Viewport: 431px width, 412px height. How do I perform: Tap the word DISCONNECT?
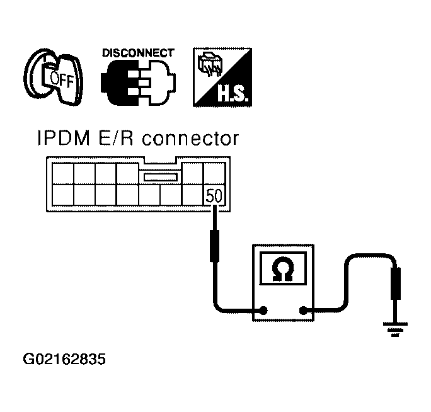click(138, 53)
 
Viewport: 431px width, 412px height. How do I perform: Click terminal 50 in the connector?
click(214, 195)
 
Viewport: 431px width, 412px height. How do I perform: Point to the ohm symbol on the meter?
click(283, 270)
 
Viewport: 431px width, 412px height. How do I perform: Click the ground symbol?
click(395, 329)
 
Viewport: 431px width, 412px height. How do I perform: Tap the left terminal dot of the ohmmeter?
click(263, 311)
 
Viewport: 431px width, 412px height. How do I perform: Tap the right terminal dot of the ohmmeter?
click(303, 311)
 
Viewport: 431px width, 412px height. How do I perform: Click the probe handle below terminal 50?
click(214, 246)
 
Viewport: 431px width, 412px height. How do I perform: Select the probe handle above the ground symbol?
click(396, 283)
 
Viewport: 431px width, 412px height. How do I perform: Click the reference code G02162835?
click(64, 359)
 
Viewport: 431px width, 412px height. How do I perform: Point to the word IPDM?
click(64, 138)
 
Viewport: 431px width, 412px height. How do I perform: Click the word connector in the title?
click(190, 139)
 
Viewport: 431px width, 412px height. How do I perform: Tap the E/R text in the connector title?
click(116, 138)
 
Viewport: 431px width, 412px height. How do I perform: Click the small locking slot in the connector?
click(160, 177)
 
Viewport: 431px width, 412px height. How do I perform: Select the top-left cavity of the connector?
click(63, 173)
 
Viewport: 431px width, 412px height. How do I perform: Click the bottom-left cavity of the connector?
click(63, 195)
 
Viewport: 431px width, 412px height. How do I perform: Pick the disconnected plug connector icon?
click(138, 83)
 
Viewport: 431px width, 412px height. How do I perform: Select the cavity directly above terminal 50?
click(214, 173)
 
